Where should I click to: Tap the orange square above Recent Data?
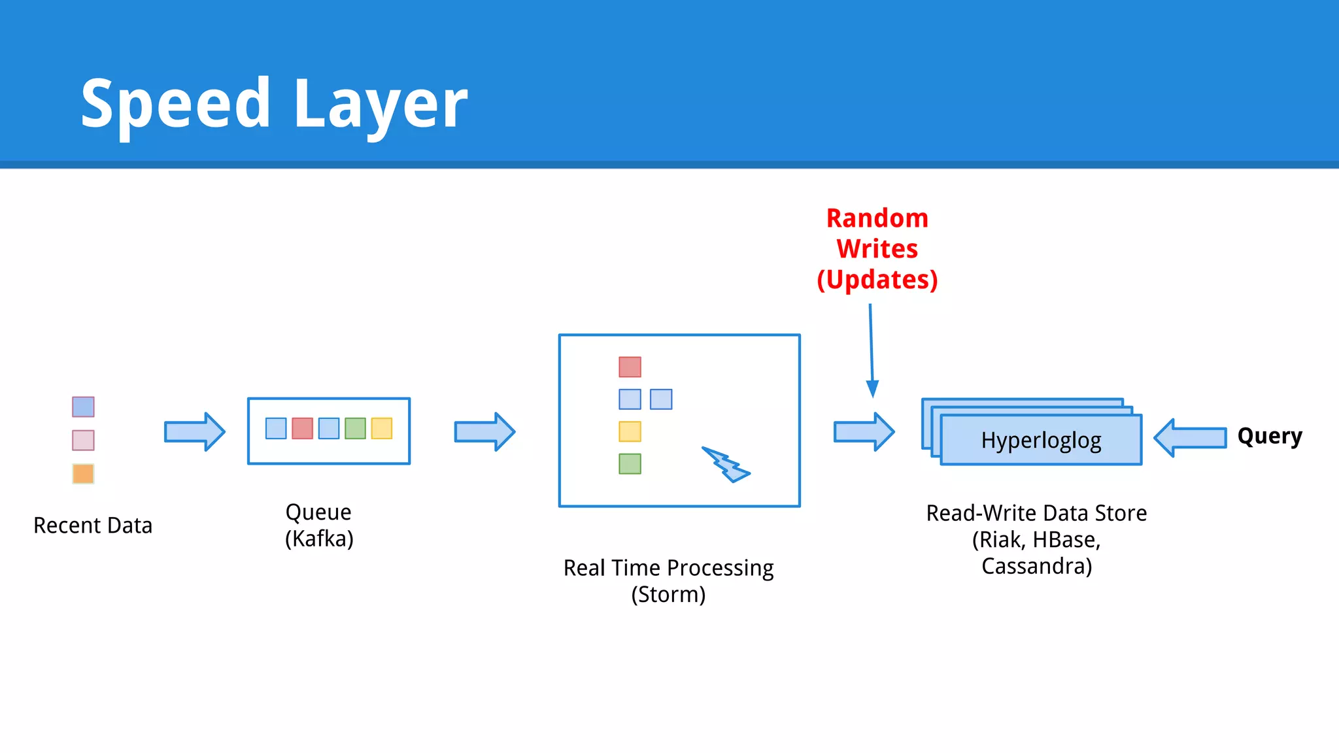pos(83,473)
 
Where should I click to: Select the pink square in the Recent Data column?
pos(83,440)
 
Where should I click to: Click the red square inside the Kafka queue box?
pos(302,428)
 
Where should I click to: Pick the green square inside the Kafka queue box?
pos(355,428)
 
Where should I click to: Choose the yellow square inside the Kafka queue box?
pos(382,428)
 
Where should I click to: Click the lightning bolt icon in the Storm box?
pos(726,465)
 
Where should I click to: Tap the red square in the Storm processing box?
pos(630,367)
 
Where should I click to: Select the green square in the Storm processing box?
pos(630,463)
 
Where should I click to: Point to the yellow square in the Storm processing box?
pos(630,431)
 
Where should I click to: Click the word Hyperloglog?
pos(1041,441)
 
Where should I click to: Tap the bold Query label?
pos(1269,436)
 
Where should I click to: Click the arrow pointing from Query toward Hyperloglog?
pos(1190,437)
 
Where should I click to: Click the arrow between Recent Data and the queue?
pos(194,431)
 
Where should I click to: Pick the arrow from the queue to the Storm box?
pos(484,431)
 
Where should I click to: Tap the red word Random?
pos(877,218)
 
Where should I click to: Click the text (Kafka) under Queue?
pos(319,539)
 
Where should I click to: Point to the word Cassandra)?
pos(1036,566)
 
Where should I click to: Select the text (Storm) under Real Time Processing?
pos(668,595)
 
